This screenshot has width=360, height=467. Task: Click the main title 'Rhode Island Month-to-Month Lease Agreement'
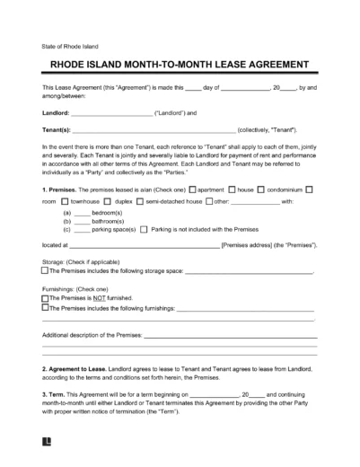tap(180, 65)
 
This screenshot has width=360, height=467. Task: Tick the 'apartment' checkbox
tap(191, 189)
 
